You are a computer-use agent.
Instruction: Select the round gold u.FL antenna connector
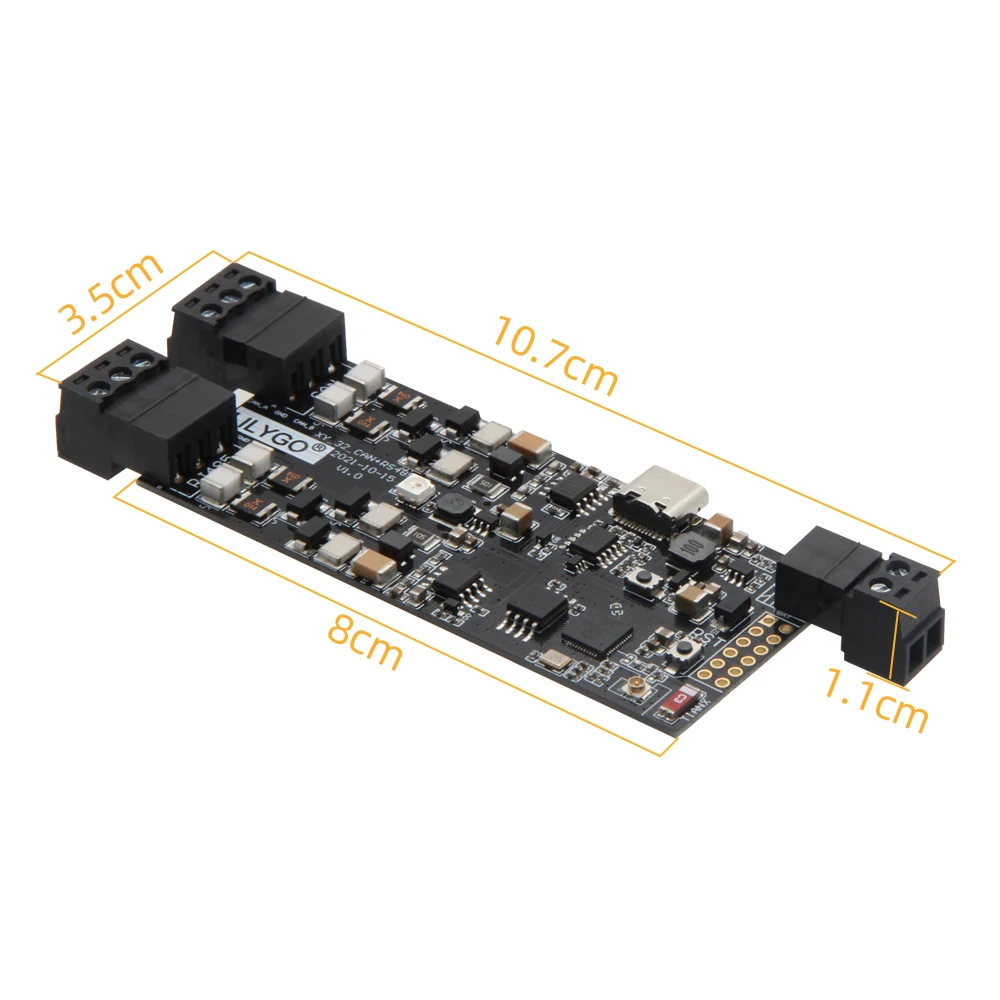633,688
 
